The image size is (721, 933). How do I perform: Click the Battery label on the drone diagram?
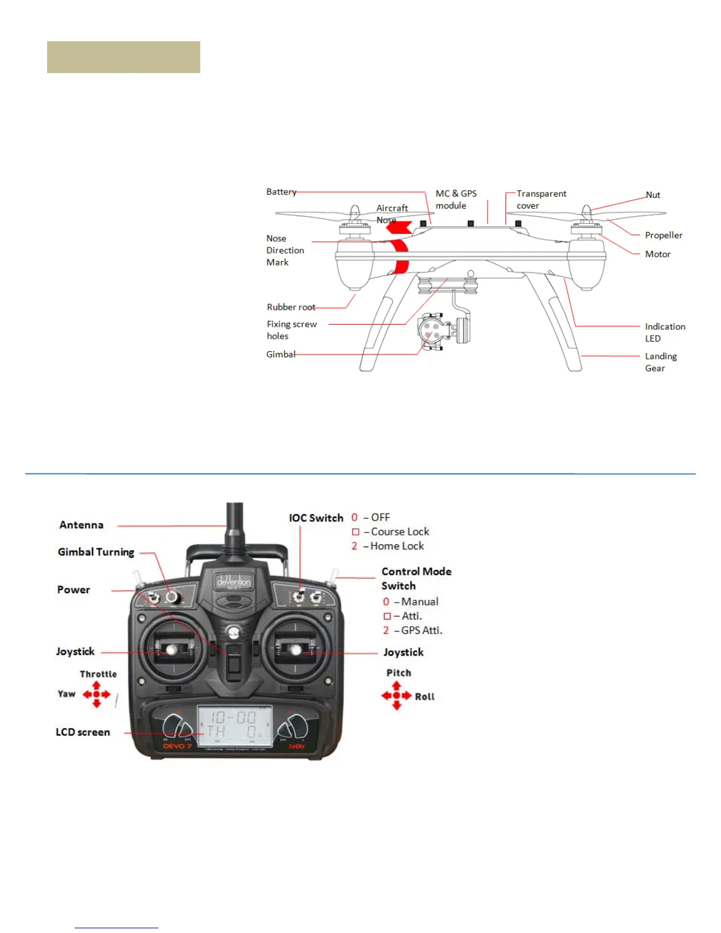coord(281,192)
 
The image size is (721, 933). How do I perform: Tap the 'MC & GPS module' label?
coord(456,200)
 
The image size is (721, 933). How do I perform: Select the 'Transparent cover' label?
coord(541,200)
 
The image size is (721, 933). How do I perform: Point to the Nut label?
coord(653,195)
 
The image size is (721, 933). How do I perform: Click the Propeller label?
coord(663,236)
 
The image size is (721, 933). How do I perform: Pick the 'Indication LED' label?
coord(664,332)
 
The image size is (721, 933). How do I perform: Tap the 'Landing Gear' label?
coord(660,362)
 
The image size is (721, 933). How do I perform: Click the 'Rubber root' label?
coord(290,307)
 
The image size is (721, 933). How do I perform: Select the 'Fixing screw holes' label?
coord(292,330)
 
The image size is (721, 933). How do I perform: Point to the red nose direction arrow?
coord(399,227)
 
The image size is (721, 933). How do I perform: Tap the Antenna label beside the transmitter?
coord(81,525)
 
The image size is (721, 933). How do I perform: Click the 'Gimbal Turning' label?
coord(96,552)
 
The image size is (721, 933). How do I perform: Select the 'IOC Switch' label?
coord(316,518)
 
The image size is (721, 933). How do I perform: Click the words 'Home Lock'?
coord(397,546)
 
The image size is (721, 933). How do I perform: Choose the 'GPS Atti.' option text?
coord(421,630)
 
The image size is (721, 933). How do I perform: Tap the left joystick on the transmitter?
coord(171,649)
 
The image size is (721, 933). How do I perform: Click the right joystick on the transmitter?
coord(296,649)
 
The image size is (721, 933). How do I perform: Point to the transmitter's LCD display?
coord(234,726)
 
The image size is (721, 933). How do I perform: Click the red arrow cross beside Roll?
coord(396,696)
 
